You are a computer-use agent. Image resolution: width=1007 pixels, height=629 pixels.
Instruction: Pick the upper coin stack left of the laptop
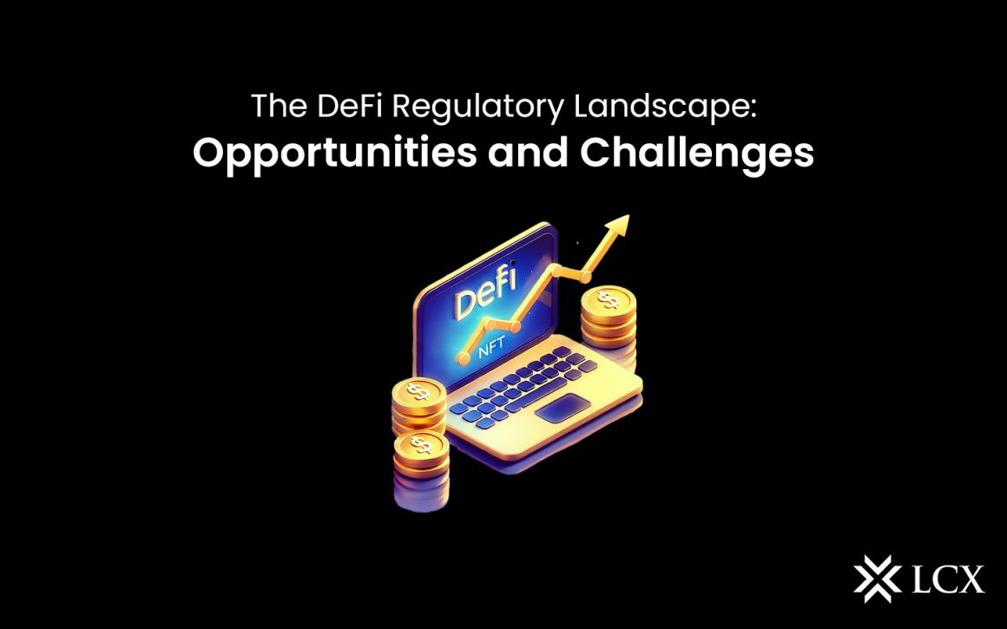[418, 404]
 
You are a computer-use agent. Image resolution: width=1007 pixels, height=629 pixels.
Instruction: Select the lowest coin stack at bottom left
[420, 468]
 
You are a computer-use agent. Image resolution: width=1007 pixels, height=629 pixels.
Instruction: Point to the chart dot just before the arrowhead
[585, 277]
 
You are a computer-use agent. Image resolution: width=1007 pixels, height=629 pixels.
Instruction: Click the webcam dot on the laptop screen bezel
[512, 262]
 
